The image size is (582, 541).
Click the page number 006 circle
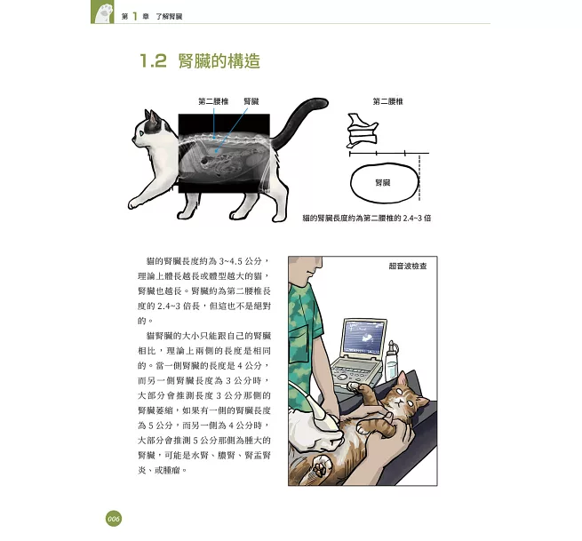coord(113,519)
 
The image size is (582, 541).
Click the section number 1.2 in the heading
coord(153,61)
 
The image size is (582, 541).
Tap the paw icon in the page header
coord(102,12)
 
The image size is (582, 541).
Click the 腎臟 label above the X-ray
coord(251,101)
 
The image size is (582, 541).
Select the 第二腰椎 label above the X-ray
coord(213,101)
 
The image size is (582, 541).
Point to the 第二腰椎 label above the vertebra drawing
coord(387,101)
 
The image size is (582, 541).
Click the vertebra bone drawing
coord(363,131)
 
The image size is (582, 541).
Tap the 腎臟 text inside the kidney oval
coord(383,183)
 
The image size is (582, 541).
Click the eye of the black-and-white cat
coord(141,133)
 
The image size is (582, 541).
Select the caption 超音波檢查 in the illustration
coord(408,266)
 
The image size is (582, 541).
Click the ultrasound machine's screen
coord(364,337)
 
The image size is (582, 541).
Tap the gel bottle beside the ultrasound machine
coord(392,361)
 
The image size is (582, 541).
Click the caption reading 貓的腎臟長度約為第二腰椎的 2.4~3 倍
coord(367,219)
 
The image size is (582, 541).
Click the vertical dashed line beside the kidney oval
coord(419,178)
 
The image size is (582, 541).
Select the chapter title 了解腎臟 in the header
coord(169,16)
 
